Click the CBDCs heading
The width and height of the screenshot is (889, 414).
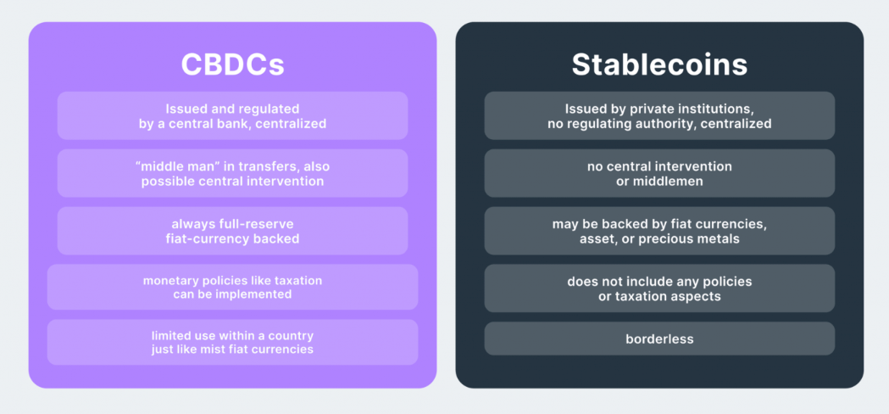point(232,64)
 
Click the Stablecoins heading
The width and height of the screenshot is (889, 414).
point(659,64)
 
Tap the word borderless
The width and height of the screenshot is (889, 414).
point(659,339)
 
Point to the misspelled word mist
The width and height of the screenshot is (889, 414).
point(208,349)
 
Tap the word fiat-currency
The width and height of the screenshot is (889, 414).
point(203,238)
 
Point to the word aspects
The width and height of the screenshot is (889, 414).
point(697,296)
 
